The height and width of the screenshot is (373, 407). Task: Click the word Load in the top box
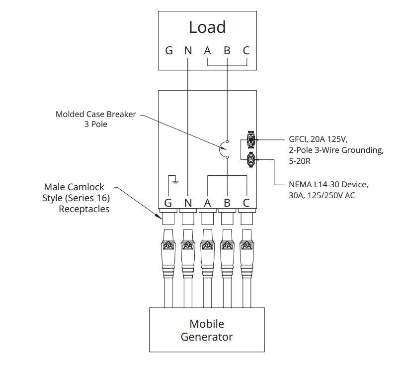pos(207,27)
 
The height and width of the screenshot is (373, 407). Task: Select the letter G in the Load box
pos(169,50)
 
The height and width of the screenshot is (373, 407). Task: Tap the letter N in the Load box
pos(188,50)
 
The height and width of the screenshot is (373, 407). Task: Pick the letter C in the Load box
pos(246,50)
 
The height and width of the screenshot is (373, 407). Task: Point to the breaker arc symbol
pos(222,149)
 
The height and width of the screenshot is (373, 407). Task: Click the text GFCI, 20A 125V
pos(316,139)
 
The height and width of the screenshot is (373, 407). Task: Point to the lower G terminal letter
pos(169,203)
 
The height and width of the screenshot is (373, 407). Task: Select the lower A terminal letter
pos(207,203)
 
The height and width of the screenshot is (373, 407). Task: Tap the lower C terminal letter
pos(246,203)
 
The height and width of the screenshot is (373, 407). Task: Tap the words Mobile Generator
pos(207,330)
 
